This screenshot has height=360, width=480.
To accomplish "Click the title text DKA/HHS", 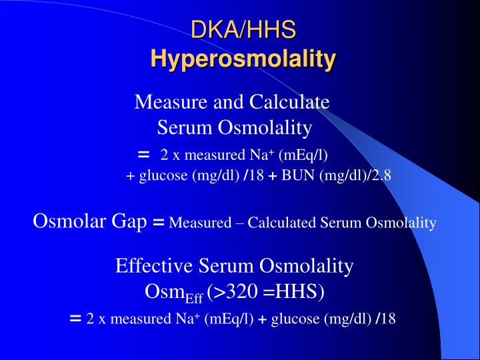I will point(243,29).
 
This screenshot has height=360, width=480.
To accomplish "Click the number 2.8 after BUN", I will point(382,176).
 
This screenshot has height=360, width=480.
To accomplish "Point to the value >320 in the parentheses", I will point(231,292).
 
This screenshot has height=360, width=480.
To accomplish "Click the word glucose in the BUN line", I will point(163,177).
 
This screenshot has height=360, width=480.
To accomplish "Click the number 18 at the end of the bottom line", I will point(389,318).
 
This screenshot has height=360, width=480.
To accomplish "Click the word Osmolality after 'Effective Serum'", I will point(306,266).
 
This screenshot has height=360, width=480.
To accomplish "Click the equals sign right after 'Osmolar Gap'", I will point(158,223).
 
